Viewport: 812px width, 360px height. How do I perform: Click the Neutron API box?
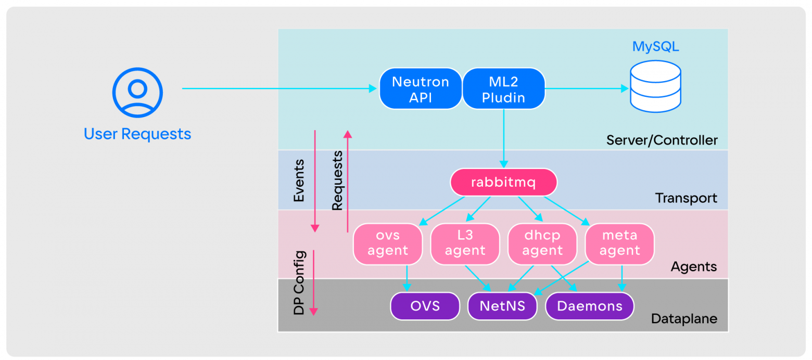pyautogui.click(x=420, y=89)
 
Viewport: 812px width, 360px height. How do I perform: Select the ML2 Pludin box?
pyautogui.click(x=503, y=89)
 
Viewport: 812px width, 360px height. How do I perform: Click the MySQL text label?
pyautogui.click(x=655, y=47)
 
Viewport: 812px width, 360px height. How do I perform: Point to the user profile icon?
pyautogui.click(x=137, y=92)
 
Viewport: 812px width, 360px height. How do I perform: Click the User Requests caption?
pyautogui.click(x=137, y=134)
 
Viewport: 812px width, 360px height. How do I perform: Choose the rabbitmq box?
pyautogui.click(x=503, y=183)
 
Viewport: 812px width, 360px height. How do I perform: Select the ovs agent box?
pyautogui.click(x=387, y=243)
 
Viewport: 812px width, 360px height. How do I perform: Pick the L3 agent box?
pyautogui.click(x=465, y=243)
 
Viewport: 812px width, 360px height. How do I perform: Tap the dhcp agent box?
pyautogui.click(x=542, y=243)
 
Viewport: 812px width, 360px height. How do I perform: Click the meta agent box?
pyautogui.click(x=619, y=243)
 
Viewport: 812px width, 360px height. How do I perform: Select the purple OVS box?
pyautogui.click(x=425, y=306)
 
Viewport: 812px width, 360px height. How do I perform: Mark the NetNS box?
pyautogui.click(x=502, y=306)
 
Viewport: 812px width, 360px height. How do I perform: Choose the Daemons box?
pyautogui.click(x=589, y=306)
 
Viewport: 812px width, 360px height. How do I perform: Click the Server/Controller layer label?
pyautogui.click(x=662, y=140)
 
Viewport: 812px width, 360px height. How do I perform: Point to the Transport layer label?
pyautogui.click(x=686, y=198)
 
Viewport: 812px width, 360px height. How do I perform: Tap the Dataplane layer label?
pyautogui.click(x=684, y=319)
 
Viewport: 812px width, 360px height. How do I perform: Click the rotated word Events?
pyautogui.click(x=299, y=181)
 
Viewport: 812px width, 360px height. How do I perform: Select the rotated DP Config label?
pyautogui.click(x=299, y=282)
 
